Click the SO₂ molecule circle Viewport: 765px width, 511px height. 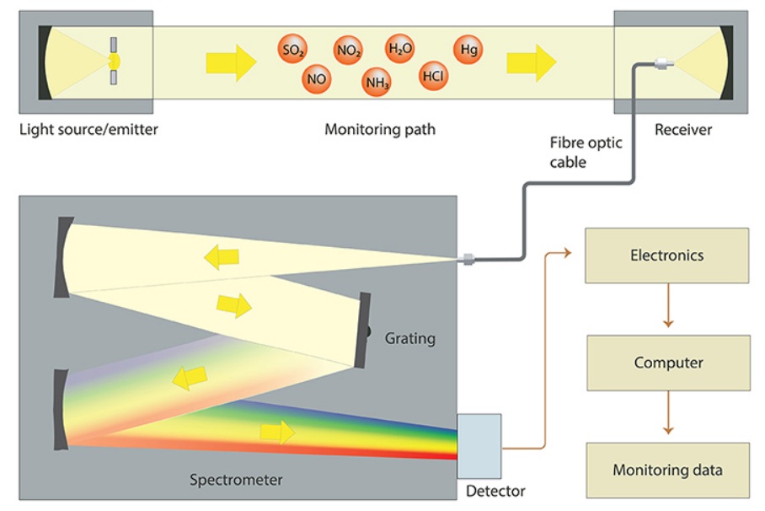click(x=292, y=51)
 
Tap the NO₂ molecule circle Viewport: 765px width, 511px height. click(x=348, y=51)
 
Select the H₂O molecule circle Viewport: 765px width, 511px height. click(x=400, y=49)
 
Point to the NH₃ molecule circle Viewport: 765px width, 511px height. click(x=376, y=82)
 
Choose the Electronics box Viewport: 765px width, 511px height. click(x=666, y=255)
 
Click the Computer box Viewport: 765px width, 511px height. click(x=668, y=363)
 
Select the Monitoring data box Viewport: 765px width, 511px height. click(x=667, y=470)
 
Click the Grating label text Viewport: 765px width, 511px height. click(x=410, y=338)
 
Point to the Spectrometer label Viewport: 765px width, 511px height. click(x=236, y=481)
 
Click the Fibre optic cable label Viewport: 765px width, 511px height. click(x=586, y=152)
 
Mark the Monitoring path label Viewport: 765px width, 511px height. click(x=380, y=130)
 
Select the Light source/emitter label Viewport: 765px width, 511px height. click(x=88, y=130)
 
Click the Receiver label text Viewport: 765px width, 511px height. click(x=683, y=130)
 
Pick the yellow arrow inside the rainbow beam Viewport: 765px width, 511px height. click(x=277, y=433)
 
